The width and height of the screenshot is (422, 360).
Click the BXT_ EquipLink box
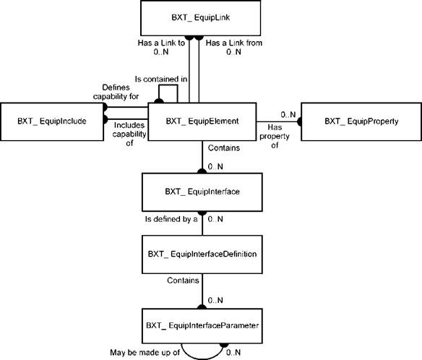coord(200,18)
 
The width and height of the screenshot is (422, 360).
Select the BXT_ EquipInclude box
coord(52,121)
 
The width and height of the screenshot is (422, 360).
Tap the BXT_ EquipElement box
coord(202,121)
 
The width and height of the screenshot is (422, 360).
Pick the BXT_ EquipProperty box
coord(361,121)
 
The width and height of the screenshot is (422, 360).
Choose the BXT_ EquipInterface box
coord(202,192)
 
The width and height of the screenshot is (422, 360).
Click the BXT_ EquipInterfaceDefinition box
coord(202,254)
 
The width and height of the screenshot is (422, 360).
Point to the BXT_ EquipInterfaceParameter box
coord(202,326)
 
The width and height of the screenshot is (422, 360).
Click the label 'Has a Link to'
coord(161,43)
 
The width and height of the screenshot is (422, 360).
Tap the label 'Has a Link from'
coord(234,43)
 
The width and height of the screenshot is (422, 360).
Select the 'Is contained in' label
coord(161,80)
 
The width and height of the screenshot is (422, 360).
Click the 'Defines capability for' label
coord(116,92)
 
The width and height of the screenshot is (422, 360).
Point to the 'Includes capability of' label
coord(129,134)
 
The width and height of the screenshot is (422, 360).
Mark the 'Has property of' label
coord(275,136)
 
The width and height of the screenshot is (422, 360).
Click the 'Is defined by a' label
coord(171,219)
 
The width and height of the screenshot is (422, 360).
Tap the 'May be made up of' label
coord(145,352)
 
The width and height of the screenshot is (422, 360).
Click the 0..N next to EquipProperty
coord(288,115)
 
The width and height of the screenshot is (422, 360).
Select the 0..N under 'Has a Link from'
coord(233,52)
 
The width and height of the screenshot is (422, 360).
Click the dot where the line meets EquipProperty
coord(299,121)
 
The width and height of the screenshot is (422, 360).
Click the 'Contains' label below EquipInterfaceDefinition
coord(183,280)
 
